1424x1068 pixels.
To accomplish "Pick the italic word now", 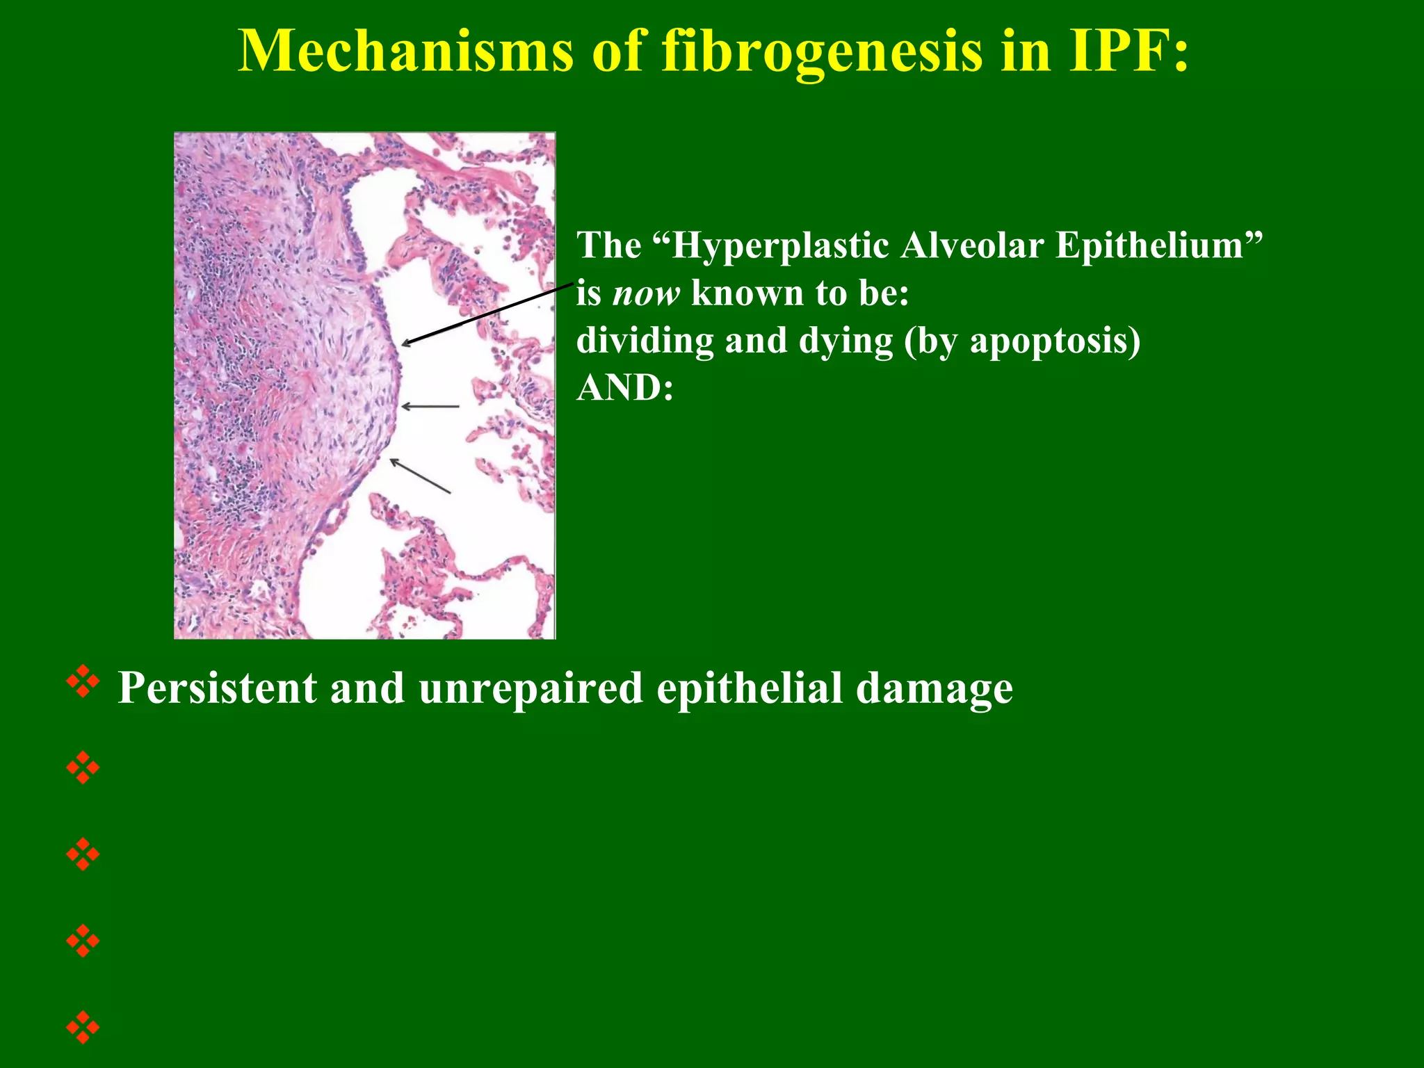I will point(646,293).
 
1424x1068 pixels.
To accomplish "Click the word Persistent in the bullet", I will point(217,688).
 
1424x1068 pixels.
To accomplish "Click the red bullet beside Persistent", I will point(83,682).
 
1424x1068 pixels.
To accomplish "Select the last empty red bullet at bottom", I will point(83,1027).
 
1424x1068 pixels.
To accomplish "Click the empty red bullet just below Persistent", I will point(83,768).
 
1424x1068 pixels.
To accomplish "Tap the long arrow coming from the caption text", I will point(487,314).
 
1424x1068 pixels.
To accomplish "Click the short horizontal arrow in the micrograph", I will point(430,406).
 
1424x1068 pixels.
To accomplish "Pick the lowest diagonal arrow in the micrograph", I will point(420,476).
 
